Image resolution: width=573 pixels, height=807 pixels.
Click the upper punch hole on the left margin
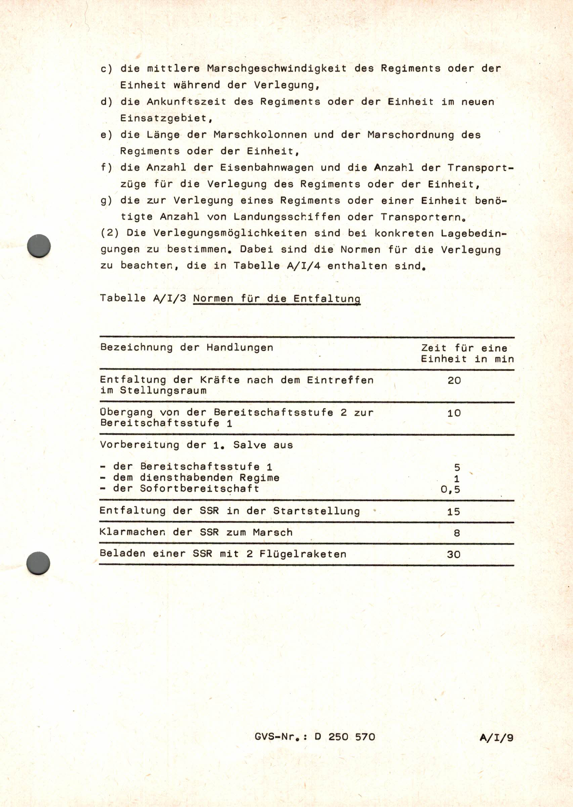tap(39, 246)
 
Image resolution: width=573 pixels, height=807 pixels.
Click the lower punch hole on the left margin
tap(38, 563)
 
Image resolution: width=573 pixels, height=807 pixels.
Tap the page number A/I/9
tap(496, 737)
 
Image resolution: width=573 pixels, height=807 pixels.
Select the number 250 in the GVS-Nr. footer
tap(338, 737)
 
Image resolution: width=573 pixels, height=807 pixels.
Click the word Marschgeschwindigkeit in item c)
tap(277, 68)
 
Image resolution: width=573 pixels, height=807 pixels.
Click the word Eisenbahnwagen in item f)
tap(267, 167)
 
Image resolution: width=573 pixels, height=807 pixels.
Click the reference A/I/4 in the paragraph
tap(304, 266)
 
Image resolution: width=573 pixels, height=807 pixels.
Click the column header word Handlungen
tap(240, 347)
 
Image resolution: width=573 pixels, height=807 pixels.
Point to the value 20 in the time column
tap(454, 380)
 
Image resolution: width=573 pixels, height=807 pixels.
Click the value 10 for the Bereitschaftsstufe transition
tap(454, 413)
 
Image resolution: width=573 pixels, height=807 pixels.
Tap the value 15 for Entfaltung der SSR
tap(453, 512)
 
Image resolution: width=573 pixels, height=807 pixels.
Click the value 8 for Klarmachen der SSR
tap(457, 533)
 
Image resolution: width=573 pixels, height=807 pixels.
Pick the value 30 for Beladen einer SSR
tap(454, 555)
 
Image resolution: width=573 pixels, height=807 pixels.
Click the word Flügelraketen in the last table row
tap(303, 554)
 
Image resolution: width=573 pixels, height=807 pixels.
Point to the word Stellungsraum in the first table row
tap(163, 391)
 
